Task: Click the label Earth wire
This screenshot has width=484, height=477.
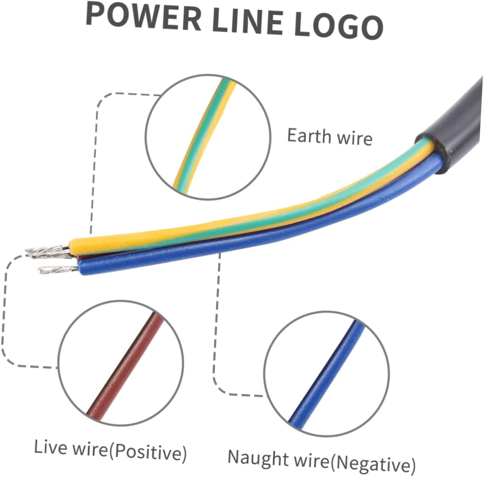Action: tap(329, 137)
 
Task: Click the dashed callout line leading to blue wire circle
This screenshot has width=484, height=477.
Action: tap(216, 339)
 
